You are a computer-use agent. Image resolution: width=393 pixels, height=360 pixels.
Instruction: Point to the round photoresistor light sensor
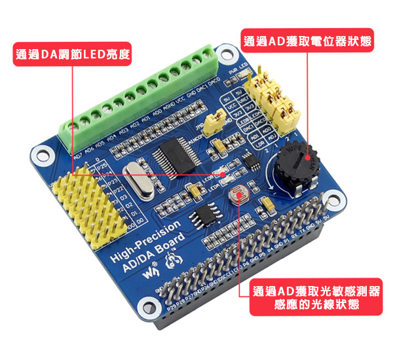[235, 194]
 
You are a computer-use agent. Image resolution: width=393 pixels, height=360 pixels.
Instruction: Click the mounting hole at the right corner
[334, 200]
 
